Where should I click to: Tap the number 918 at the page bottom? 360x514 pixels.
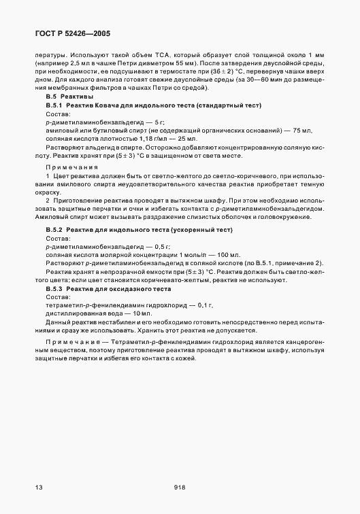180,487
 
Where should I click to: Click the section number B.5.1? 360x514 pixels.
54,107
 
